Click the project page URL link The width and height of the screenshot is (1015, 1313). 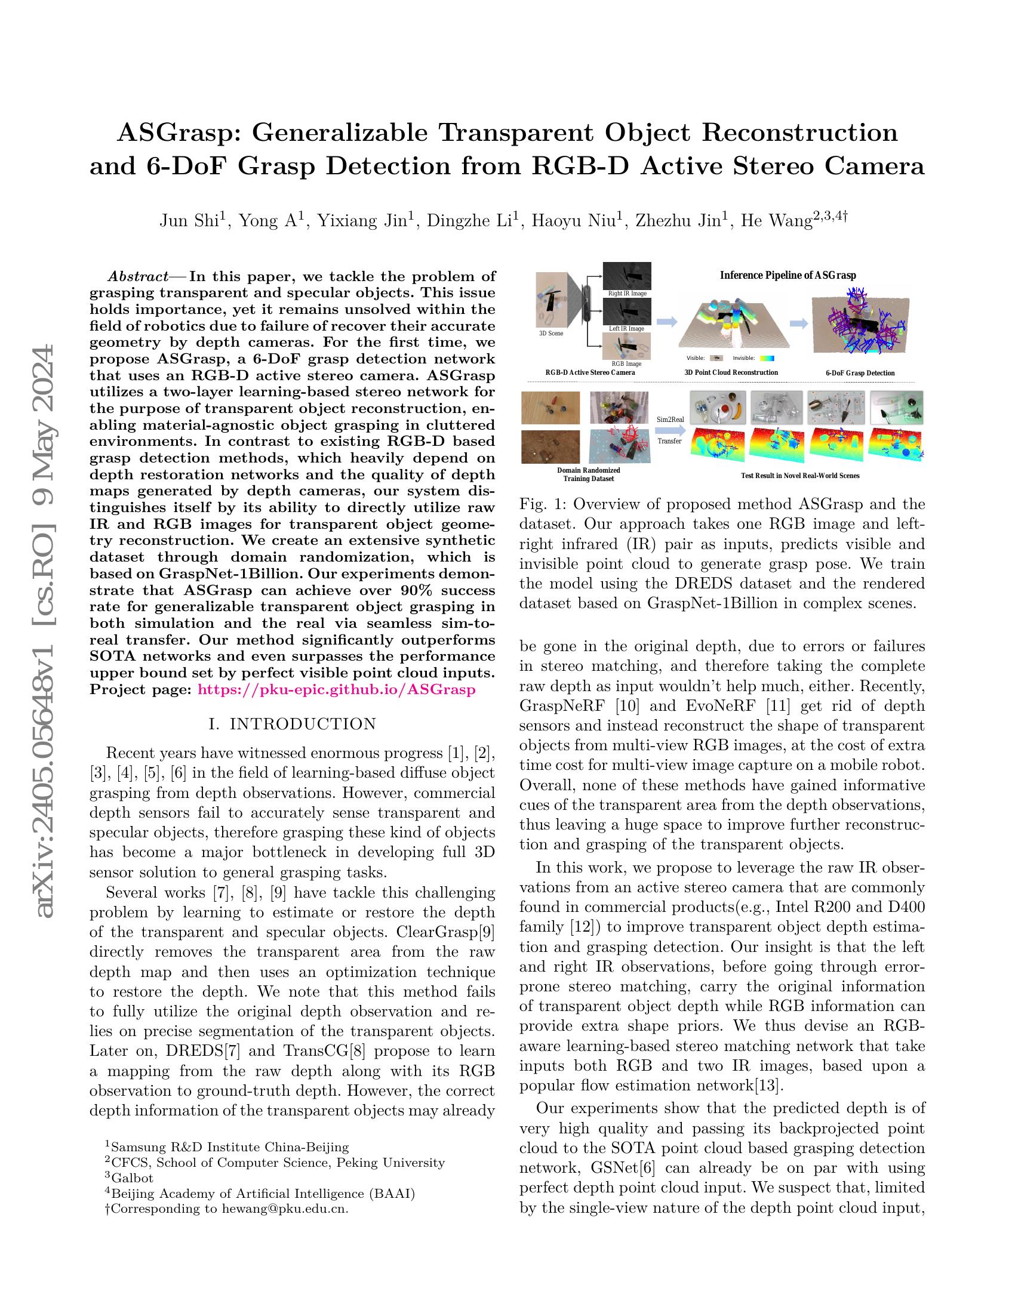coord(336,689)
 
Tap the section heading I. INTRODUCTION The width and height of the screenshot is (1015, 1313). coord(292,724)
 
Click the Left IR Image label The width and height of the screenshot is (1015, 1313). coord(626,328)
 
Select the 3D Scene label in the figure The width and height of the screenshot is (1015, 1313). coord(551,333)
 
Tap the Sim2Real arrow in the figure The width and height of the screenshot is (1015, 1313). coord(670,429)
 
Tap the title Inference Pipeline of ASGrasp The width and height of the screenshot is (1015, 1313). coord(788,275)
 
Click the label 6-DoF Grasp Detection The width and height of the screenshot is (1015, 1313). coord(860,373)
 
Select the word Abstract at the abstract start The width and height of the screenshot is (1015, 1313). coord(138,276)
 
